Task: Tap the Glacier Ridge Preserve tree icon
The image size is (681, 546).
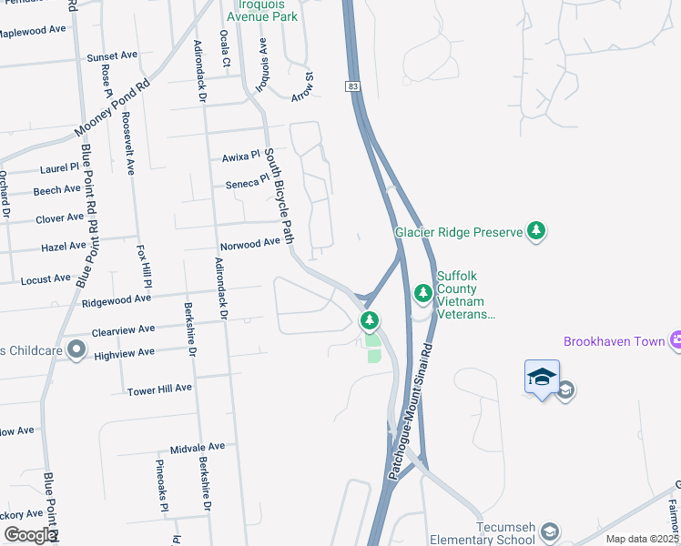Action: [537, 231]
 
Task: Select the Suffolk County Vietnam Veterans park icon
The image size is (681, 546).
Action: [422, 293]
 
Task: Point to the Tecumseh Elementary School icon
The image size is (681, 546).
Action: [549, 531]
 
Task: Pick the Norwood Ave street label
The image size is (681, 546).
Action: [249, 244]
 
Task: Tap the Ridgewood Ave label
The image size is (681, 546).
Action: [117, 298]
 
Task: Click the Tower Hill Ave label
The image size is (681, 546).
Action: [160, 388]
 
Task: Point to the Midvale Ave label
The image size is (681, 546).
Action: [197, 447]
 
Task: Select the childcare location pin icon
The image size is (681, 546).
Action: [76, 349]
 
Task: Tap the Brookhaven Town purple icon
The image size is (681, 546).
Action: [676, 341]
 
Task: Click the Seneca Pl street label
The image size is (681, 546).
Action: [247, 183]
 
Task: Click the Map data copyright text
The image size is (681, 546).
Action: [642, 538]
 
